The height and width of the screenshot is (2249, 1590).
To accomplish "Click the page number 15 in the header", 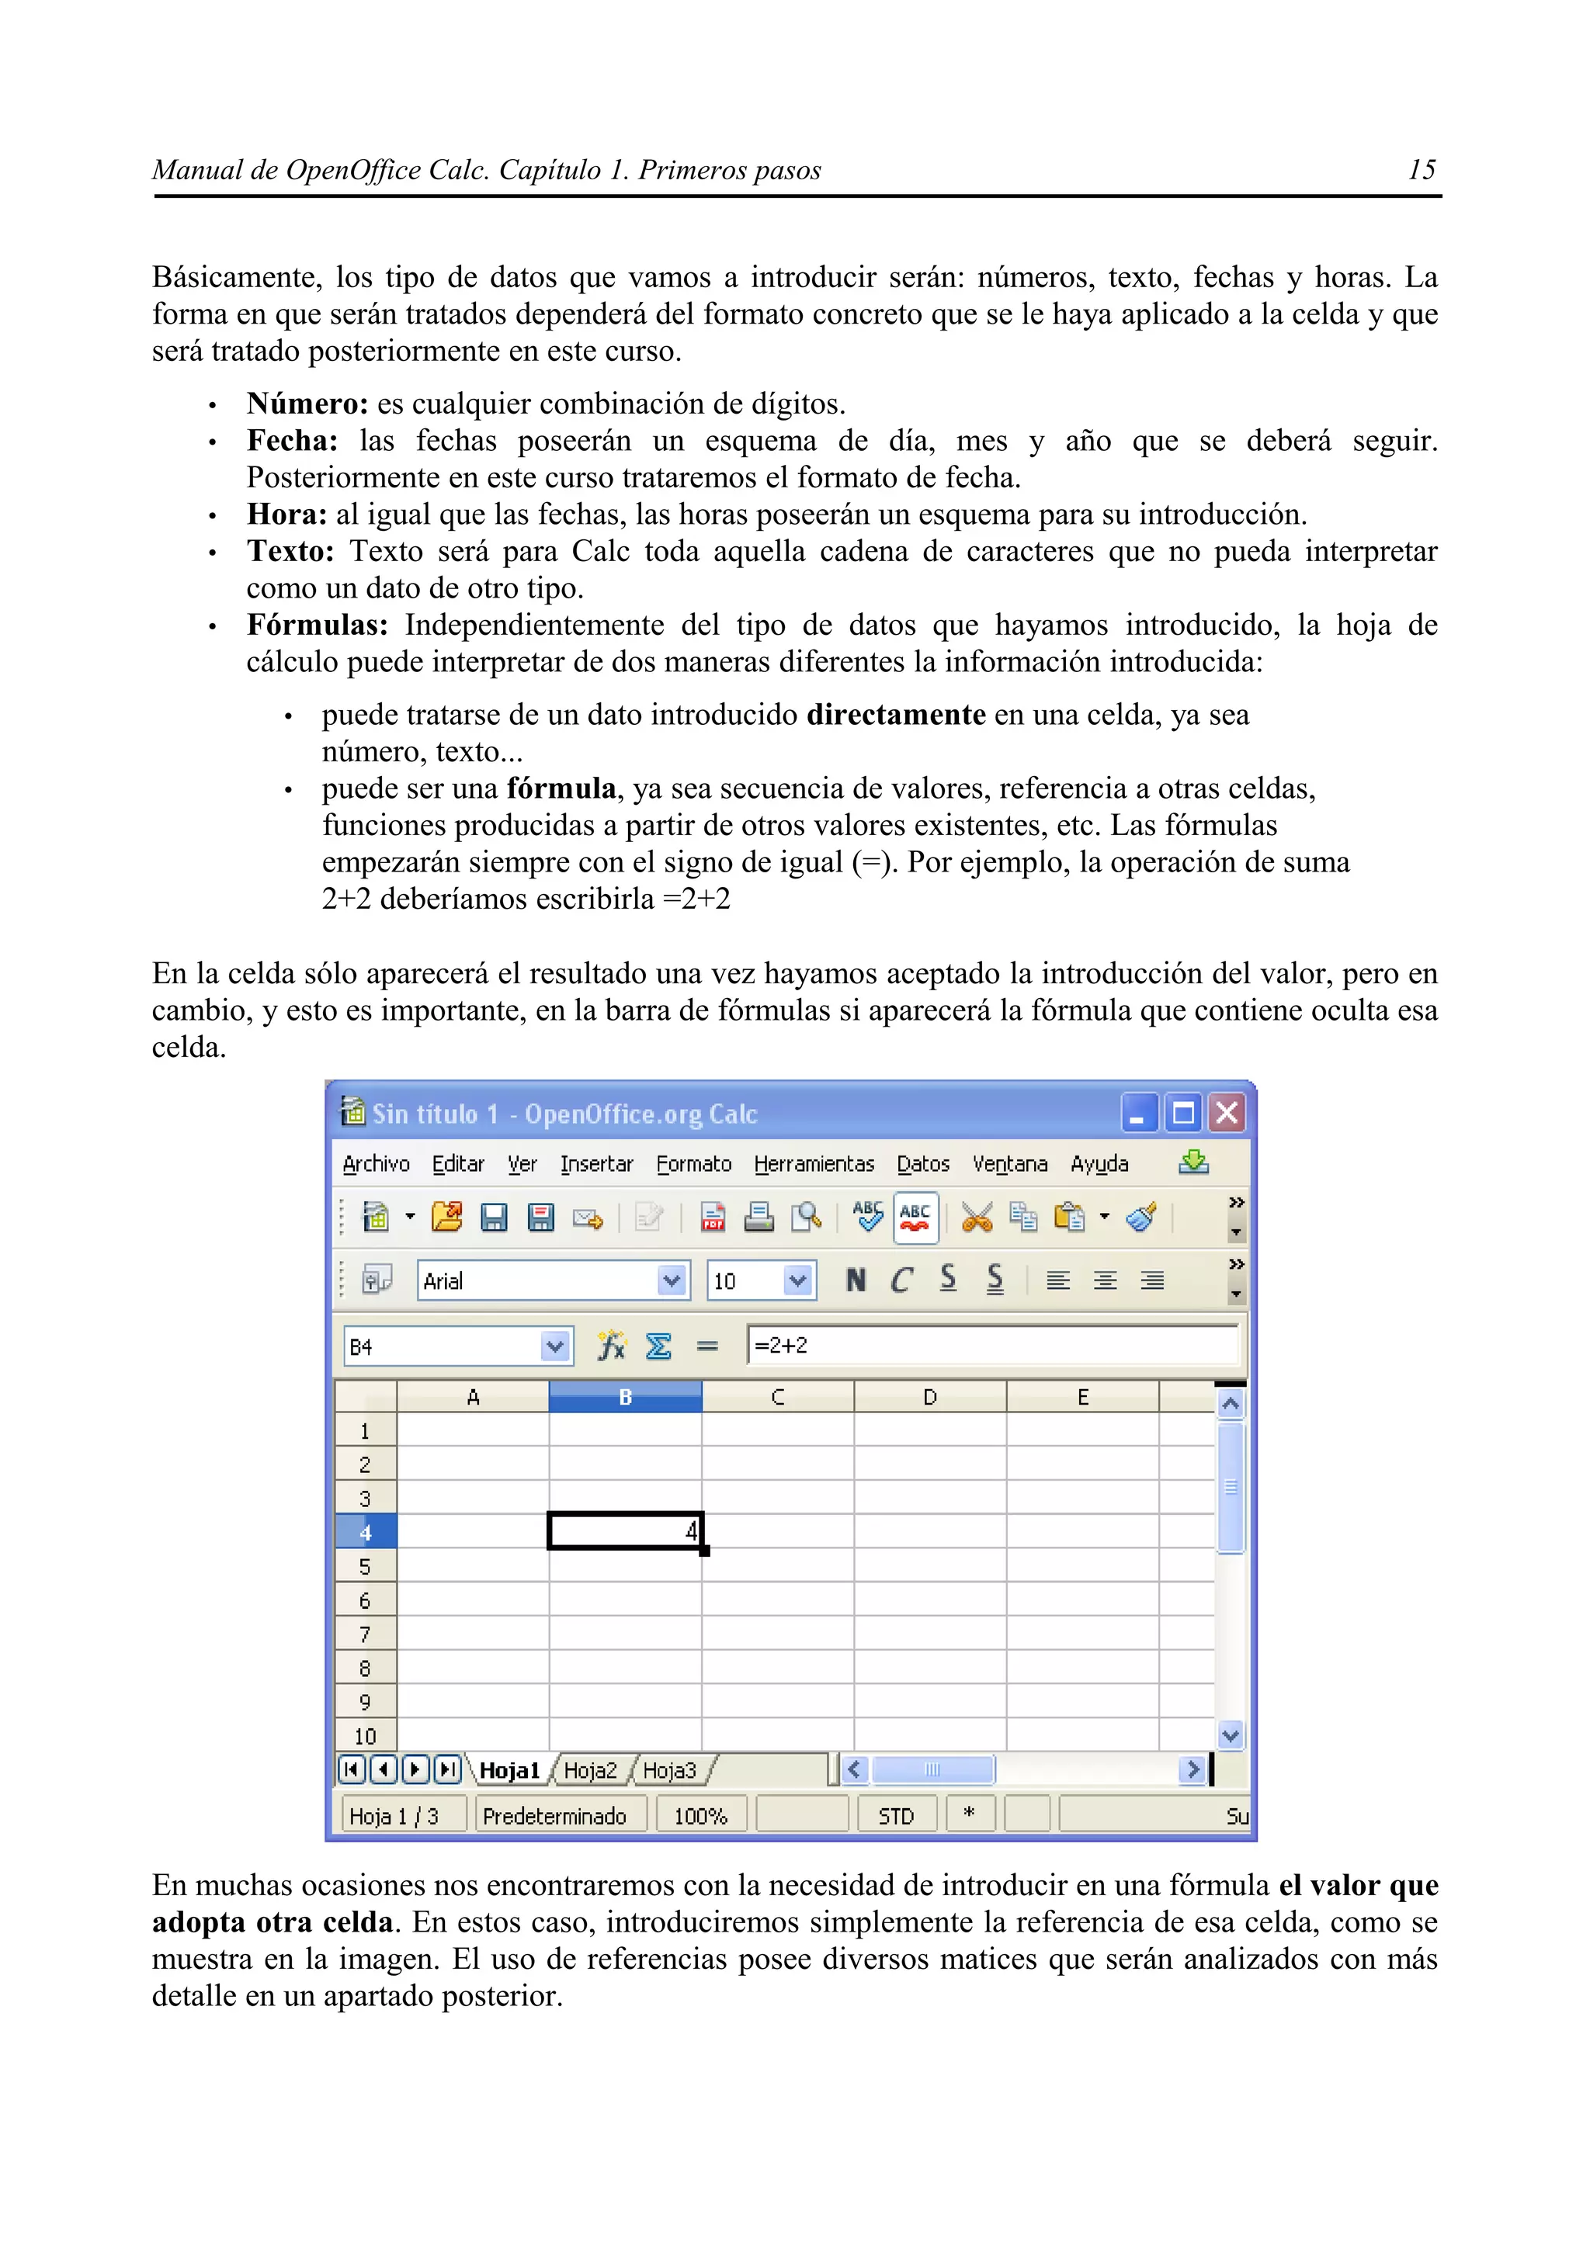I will [x=1421, y=171].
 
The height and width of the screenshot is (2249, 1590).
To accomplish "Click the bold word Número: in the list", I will [x=307, y=404].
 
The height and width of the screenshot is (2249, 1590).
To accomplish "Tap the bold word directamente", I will [x=895, y=715].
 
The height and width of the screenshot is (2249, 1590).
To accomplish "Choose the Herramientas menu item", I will [x=813, y=1163].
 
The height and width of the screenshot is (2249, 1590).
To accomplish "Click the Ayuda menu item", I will [x=1099, y=1163].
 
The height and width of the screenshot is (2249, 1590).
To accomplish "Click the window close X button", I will [x=1227, y=1114].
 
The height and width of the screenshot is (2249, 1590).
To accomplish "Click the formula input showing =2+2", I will [x=989, y=1346].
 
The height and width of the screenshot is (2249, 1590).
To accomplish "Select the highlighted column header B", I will [x=625, y=1398].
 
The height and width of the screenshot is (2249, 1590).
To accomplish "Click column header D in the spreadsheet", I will [x=930, y=1398].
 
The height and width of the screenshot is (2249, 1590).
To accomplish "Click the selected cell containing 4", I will [x=625, y=1532].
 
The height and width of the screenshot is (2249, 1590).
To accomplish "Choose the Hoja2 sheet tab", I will [x=591, y=1770].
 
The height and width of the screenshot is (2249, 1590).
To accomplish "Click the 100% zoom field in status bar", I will [x=700, y=1816].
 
